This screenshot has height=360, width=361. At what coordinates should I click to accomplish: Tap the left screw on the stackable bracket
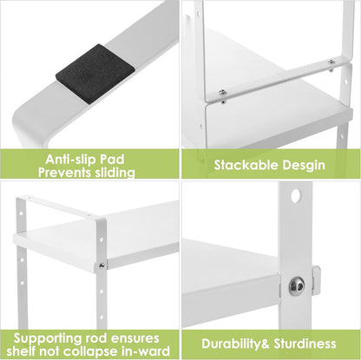223,92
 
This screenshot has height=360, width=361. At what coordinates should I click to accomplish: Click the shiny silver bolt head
297,285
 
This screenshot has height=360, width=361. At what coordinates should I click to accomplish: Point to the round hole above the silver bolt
296,196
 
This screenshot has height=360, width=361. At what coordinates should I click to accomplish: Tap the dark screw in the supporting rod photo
102,265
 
